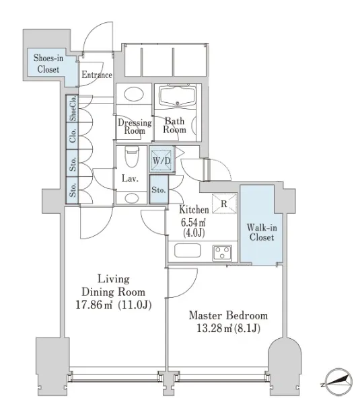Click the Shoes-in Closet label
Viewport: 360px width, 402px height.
48,63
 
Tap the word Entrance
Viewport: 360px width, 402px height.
97,75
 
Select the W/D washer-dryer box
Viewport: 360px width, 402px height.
162,159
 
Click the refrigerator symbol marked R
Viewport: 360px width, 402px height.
225,204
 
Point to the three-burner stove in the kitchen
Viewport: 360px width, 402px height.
222,253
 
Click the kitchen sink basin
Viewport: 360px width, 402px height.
188,251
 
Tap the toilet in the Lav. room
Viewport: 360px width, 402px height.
132,157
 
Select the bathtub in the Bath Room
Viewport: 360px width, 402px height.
177,96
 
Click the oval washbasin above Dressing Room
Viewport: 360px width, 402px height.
134,94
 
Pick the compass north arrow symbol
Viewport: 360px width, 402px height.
338,380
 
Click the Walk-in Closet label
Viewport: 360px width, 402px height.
262,233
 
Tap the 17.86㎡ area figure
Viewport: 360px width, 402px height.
94,305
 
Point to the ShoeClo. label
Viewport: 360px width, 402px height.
73,108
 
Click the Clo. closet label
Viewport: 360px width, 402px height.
73,136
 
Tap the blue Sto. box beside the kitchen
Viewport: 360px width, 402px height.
159,189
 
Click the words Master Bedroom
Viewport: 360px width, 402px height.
228,315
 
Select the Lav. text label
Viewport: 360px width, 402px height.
130,178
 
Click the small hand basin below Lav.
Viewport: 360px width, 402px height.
132,198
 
